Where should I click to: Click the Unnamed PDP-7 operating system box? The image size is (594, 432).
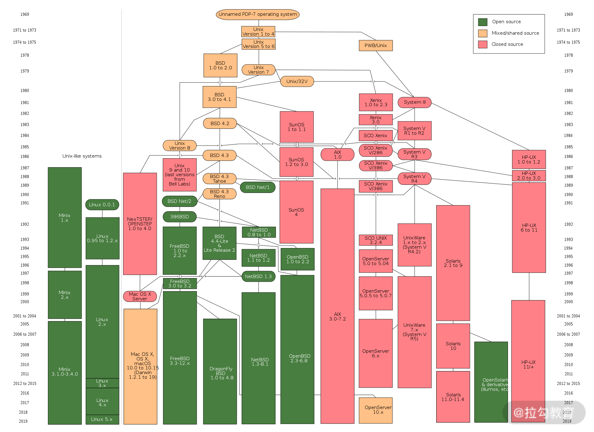[257, 15]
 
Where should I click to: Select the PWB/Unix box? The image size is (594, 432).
[376, 46]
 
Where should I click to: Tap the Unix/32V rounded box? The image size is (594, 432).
[297, 81]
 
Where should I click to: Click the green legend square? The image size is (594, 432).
[483, 22]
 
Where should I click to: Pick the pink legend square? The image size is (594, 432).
[483, 44]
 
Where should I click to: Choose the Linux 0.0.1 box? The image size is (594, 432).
[102, 205]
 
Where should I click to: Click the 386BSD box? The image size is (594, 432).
[179, 217]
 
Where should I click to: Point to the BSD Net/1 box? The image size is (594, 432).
[258, 187]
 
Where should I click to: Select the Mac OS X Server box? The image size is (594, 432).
[140, 296]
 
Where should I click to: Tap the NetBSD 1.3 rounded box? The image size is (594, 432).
[258, 277]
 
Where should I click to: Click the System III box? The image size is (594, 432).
[415, 102]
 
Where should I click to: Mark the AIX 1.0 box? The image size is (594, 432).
[338, 155]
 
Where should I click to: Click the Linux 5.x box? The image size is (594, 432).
[102, 419]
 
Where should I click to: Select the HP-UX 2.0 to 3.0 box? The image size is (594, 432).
[529, 176]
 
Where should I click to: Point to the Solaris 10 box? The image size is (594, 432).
[453, 346]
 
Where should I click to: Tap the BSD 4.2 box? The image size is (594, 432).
[220, 123]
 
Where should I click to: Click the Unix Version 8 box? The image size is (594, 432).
[180, 146]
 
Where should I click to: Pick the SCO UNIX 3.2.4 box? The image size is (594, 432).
[376, 240]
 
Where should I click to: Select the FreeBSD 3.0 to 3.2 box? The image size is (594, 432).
[180, 283]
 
